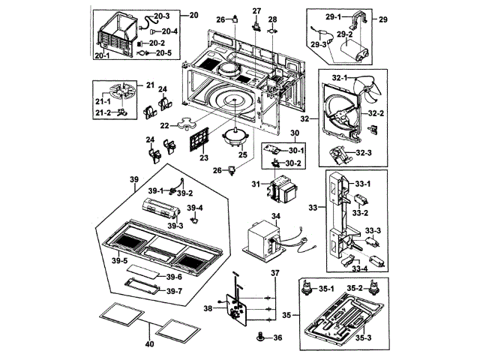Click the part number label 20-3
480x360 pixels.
tap(163, 16)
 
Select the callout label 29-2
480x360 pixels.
tap(345, 33)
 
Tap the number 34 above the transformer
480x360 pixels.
tap(275, 216)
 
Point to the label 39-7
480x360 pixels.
tap(174, 291)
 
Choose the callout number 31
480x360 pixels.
tap(255, 185)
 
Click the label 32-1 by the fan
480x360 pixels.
tap(332, 77)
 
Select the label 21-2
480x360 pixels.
tap(103, 112)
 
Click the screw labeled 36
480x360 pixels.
tap(260, 338)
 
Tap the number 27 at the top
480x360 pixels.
tap(257, 10)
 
